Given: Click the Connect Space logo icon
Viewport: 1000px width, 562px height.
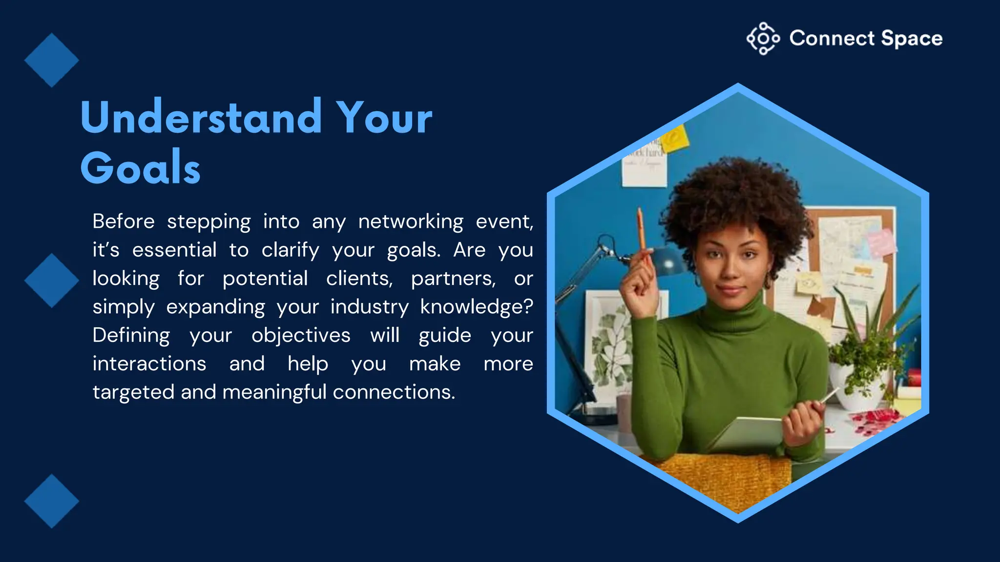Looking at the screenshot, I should pyautogui.click(x=763, y=39).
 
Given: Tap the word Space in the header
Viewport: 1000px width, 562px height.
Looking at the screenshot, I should pyautogui.click(x=912, y=39).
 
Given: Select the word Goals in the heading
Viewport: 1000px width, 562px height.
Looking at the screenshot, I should pyautogui.click(x=141, y=168).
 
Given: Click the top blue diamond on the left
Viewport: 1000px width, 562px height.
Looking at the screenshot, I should pyautogui.click(x=51, y=60).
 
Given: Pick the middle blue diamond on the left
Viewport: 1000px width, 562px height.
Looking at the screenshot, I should pyautogui.click(x=51, y=281).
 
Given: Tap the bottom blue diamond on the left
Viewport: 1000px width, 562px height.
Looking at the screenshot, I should pyautogui.click(x=51, y=501).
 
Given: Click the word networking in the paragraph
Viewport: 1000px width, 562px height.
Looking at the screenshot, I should pyautogui.click(x=411, y=222).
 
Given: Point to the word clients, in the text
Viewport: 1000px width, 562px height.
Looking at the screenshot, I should pyautogui.click(x=359, y=279).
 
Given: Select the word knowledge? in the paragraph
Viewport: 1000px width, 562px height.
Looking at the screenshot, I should pyautogui.click(x=476, y=307).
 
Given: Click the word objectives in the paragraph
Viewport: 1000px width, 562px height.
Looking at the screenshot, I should pyautogui.click(x=301, y=336).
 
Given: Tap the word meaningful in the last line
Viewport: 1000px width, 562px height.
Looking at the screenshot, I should pyautogui.click(x=274, y=392).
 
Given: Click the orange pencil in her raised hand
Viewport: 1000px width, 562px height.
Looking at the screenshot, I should pyautogui.click(x=641, y=229).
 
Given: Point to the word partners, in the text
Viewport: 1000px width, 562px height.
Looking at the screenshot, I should pyautogui.click(x=453, y=279).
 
